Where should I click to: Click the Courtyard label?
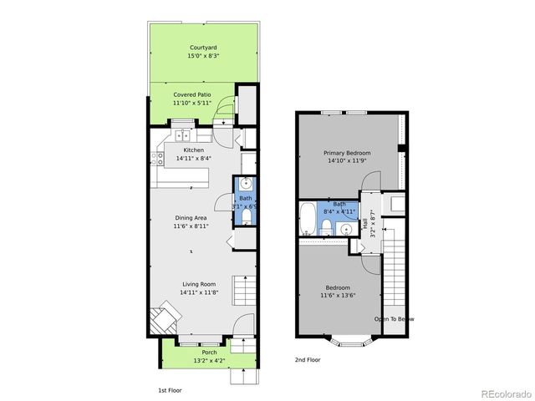tap(203, 48)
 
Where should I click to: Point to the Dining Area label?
tap(191, 216)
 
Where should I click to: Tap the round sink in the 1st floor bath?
tap(246, 185)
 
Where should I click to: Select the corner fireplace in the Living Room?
tap(163, 319)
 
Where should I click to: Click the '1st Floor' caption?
tap(170, 390)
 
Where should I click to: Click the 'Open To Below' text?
tap(393, 319)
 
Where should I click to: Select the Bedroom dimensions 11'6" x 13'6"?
tap(339, 295)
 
